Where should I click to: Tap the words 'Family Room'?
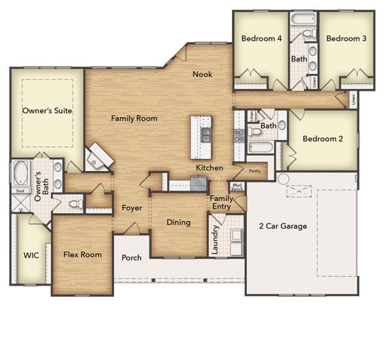[134, 118]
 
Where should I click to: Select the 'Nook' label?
[202, 73]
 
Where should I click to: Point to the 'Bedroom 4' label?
[260, 38]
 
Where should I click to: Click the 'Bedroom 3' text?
[345, 38]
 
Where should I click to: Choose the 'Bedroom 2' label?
[323, 139]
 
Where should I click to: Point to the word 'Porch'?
[131, 257]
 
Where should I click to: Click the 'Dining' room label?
[178, 222]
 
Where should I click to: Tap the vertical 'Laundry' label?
[215, 240]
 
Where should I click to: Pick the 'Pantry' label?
[254, 171]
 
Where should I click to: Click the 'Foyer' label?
[132, 208]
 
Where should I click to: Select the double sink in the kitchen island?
[204, 135]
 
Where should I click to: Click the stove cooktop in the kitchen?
[239, 135]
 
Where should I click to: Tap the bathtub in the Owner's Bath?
[19, 173]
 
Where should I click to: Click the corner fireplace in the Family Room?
[96, 157]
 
